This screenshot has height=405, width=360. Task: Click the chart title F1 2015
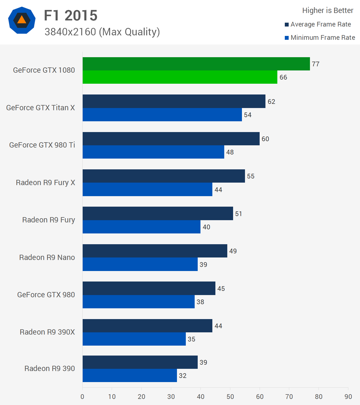pyautogui.click(x=71, y=15)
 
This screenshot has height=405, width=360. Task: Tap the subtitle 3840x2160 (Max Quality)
pyautogui.click(x=102, y=32)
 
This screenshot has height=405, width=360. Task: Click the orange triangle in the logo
pyautogui.click(x=22, y=20)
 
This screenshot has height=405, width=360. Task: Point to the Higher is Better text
pyautogui.click(x=328, y=10)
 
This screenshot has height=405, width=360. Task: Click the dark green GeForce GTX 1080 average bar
pyautogui.click(x=196, y=64)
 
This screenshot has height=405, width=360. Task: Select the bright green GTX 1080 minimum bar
pyautogui.click(x=180, y=77)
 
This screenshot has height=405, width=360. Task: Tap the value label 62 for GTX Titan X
pyautogui.click(x=271, y=102)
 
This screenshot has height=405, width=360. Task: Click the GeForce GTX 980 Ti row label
pyautogui.click(x=42, y=145)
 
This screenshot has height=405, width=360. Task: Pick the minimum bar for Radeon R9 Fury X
pyautogui.click(x=147, y=190)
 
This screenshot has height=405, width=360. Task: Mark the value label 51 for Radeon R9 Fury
pyautogui.click(x=238, y=214)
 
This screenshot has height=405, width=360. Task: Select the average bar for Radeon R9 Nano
pyautogui.click(x=155, y=251)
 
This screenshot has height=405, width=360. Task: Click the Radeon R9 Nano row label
pyautogui.click(x=47, y=257)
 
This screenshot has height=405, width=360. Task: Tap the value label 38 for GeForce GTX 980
pyautogui.click(x=200, y=302)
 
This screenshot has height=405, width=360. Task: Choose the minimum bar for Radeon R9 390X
pyautogui.click(x=134, y=339)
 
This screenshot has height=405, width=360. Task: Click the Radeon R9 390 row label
pyautogui.click(x=49, y=369)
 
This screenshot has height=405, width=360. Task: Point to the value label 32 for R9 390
pyautogui.click(x=182, y=376)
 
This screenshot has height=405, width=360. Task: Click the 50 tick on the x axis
pyautogui.click(x=230, y=397)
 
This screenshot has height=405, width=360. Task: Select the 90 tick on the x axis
pyautogui.click(x=348, y=397)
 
